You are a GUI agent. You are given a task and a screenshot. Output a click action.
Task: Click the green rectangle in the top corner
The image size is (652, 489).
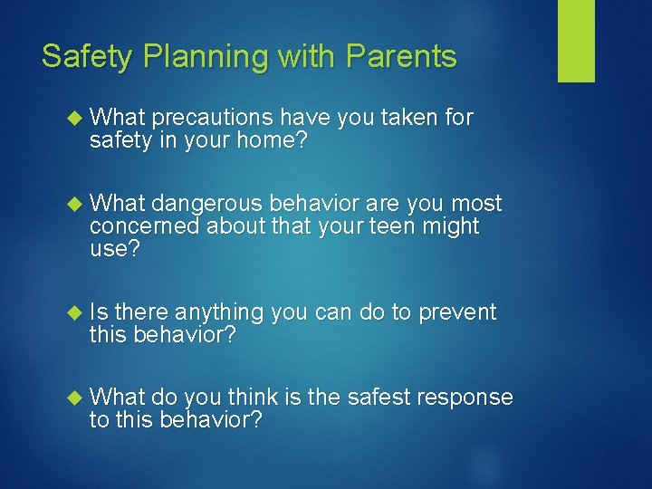pyautogui.click(x=576, y=41)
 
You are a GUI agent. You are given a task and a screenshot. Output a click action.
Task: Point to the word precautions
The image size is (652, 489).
pyautogui.click(x=214, y=118)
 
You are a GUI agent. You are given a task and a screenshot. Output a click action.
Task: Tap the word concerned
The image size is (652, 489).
pyautogui.click(x=145, y=226)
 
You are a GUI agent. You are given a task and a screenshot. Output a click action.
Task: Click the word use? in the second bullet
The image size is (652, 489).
pyautogui.click(x=115, y=250)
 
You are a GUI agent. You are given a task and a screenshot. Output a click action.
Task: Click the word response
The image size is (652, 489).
pyautogui.click(x=467, y=398)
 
